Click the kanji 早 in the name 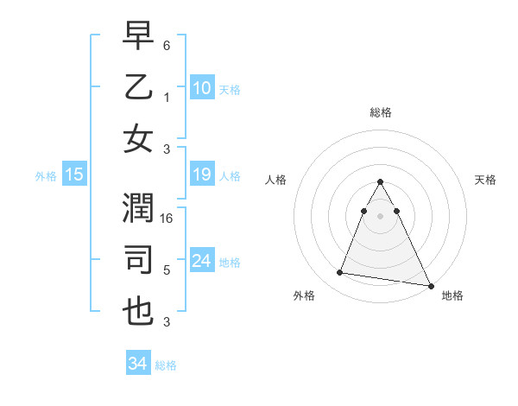[x=138, y=37]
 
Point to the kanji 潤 [x=138, y=210]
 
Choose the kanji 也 [x=138, y=310]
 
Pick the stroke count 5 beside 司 [x=167, y=270]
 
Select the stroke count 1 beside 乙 [x=167, y=98]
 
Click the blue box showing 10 [x=201, y=87]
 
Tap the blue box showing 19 [x=201, y=175]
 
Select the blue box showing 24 [x=201, y=261]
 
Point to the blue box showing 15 [x=73, y=174]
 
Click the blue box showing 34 [x=137, y=364]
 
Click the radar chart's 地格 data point [x=430, y=286]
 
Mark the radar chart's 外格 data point [x=340, y=273]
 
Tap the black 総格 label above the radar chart [x=380, y=113]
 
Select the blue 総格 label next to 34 [x=166, y=365]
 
